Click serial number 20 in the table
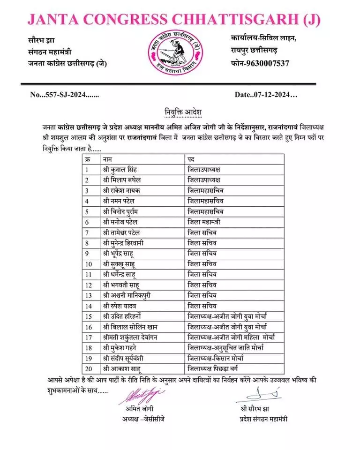(x=87, y=368)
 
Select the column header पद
(x=191, y=159)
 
